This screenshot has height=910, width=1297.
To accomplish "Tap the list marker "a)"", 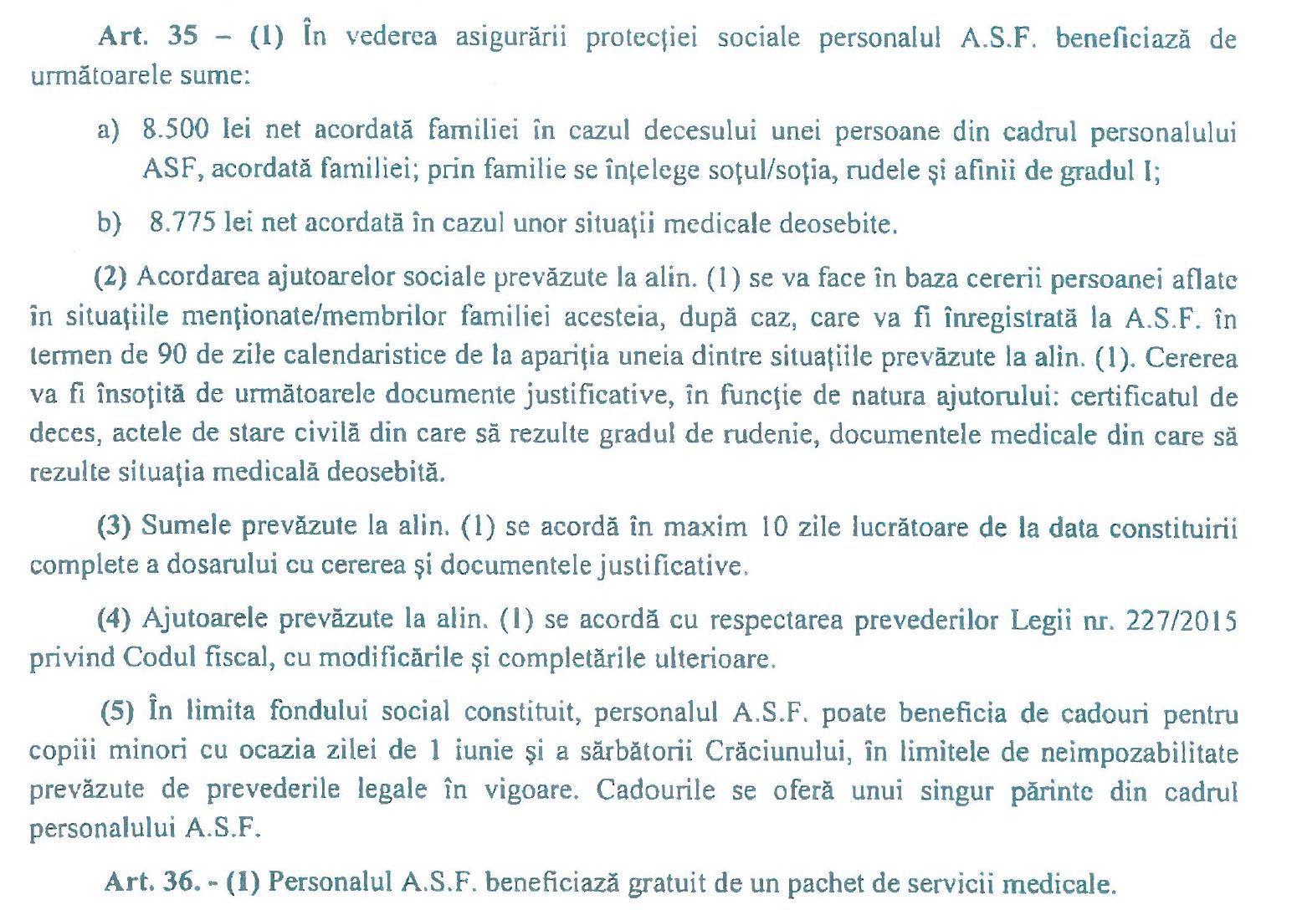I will click(108, 131).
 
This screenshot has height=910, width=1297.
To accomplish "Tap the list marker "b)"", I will click(109, 223).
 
